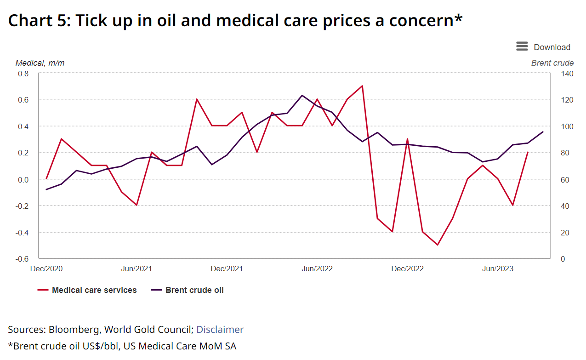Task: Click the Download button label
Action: (552, 47)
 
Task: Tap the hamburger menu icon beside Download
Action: (522, 46)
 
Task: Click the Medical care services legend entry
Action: (94, 290)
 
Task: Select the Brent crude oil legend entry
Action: (194, 290)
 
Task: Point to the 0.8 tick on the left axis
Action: (23, 74)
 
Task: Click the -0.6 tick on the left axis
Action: (23, 259)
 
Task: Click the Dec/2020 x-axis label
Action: (46, 269)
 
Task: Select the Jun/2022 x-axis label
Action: (317, 269)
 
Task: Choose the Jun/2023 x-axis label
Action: (497, 269)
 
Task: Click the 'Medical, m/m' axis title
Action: (40, 63)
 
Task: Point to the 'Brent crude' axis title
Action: (552, 63)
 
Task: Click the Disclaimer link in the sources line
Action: (220, 329)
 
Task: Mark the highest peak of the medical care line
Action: (362, 86)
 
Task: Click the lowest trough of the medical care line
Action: (437, 245)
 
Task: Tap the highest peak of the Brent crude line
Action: (302, 95)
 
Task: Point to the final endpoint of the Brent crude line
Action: (543, 132)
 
